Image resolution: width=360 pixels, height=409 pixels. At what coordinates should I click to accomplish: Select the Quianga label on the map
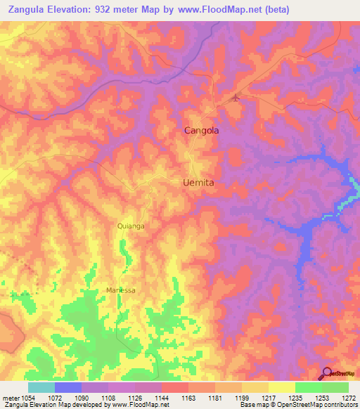pyautogui.click(x=131, y=226)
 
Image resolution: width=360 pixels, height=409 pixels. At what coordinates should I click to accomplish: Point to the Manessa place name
pyautogui.click(x=120, y=290)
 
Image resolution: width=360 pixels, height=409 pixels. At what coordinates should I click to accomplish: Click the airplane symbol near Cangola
pyautogui.click(x=236, y=98)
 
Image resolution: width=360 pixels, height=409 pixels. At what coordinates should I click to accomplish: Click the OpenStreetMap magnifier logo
pyautogui.click(x=328, y=374)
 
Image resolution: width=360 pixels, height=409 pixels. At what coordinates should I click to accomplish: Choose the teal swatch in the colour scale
pyautogui.click(x=41, y=387)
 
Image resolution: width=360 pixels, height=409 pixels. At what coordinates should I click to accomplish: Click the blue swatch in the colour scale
pyautogui.click(x=68, y=387)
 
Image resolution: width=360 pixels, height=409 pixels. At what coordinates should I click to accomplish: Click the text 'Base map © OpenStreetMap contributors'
pyautogui.click(x=297, y=405)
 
